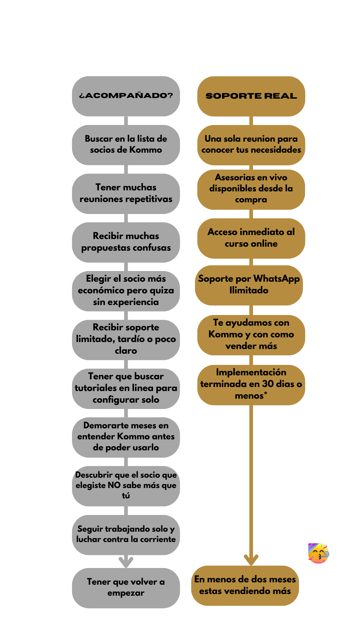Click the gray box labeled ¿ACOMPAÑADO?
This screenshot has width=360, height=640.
126,96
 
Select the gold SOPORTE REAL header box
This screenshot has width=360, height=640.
251,96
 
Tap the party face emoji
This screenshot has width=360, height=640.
319,553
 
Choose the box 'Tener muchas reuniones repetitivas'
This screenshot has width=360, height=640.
126,194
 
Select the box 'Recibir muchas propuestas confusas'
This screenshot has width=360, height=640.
126,242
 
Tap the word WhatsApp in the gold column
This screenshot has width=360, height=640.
276,279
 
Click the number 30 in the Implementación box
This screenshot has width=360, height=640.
268,384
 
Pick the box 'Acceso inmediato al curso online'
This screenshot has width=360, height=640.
251,238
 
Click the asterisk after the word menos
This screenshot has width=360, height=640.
266,394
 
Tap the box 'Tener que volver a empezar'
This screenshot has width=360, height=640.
126,588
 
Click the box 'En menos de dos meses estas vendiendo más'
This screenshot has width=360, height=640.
245,586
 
